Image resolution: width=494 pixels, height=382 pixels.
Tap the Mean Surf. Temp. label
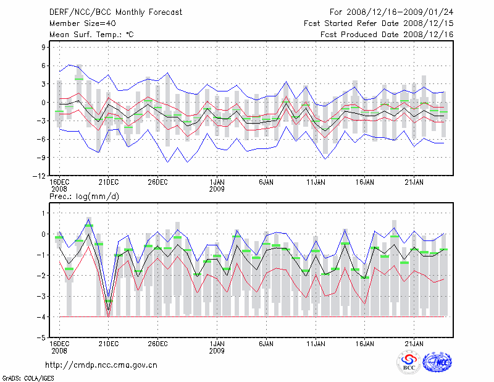[x=91, y=35]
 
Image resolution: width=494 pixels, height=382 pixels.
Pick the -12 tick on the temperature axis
[x=41, y=176]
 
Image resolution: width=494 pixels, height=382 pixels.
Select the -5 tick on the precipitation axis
[x=43, y=338]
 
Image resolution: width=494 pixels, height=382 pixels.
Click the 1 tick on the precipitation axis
[x=44, y=213]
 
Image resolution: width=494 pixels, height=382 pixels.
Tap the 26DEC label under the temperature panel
[x=157, y=182]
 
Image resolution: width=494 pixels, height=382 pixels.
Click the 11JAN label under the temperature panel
[x=316, y=182]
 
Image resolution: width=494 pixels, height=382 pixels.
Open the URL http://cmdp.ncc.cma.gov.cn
[x=101, y=365]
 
